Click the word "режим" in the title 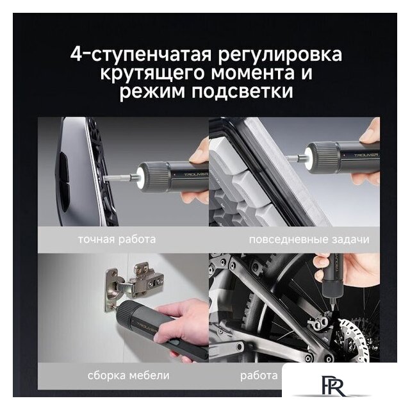pos(150,92)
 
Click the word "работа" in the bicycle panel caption pos(260,375)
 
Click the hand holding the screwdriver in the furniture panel pos(188,320)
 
